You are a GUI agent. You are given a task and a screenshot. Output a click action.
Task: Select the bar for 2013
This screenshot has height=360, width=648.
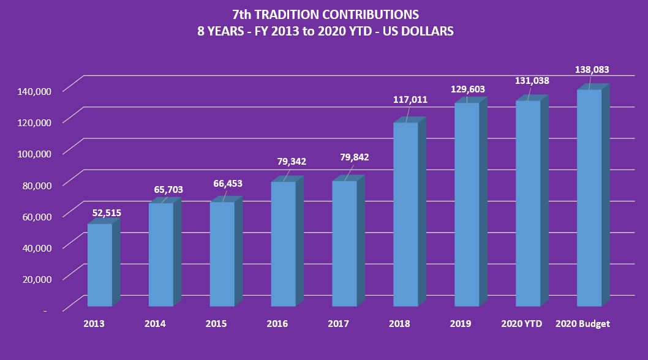click(x=100, y=264)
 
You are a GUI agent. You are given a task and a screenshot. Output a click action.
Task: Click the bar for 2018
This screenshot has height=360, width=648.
click(x=405, y=214)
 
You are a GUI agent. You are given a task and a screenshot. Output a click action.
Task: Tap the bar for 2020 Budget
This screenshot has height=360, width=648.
click(x=589, y=198)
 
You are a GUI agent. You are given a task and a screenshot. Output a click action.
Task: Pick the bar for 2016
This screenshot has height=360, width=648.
click(x=283, y=244)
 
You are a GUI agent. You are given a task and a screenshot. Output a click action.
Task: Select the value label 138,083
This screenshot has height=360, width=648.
click(x=592, y=70)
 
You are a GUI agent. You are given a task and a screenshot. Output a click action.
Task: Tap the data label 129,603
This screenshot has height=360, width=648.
click(x=467, y=89)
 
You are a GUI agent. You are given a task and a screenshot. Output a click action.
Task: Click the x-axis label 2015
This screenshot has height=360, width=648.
click(x=216, y=323)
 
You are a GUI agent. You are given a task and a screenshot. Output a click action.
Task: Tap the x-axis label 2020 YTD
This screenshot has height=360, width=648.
click(x=522, y=323)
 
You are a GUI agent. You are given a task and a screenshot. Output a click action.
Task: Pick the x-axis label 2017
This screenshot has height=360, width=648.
click(x=339, y=323)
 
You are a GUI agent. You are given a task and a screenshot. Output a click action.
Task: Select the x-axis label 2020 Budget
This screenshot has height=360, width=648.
click(x=582, y=323)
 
